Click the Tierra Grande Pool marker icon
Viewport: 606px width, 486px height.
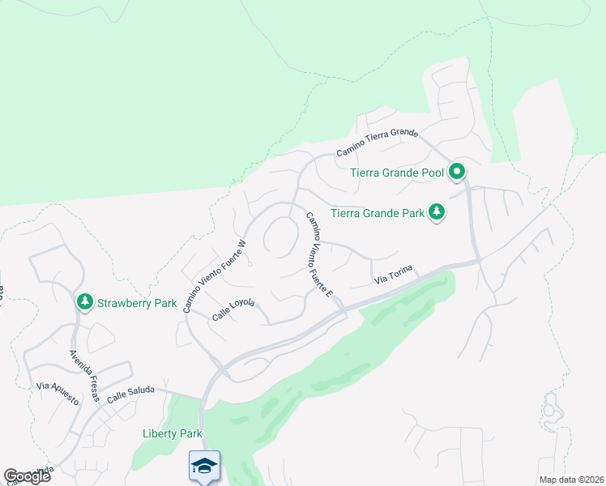click(457, 171)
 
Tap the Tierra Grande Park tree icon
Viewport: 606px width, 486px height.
click(437, 213)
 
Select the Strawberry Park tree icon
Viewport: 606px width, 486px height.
click(84, 302)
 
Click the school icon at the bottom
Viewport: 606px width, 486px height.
click(205, 465)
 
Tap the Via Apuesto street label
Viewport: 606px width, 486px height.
click(57, 394)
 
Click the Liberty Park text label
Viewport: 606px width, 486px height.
click(172, 433)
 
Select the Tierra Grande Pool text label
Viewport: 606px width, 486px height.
click(397, 172)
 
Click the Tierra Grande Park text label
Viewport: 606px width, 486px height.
click(378, 214)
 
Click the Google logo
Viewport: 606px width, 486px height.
click(27, 476)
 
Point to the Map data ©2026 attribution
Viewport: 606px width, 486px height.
click(571, 480)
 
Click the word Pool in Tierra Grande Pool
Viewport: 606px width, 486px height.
click(430, 172)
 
